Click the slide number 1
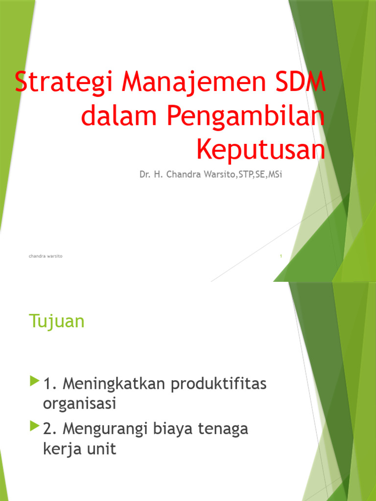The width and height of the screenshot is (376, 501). [281, 256]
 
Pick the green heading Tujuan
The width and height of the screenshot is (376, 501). [57, 321]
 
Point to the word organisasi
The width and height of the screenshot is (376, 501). [79, 404]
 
